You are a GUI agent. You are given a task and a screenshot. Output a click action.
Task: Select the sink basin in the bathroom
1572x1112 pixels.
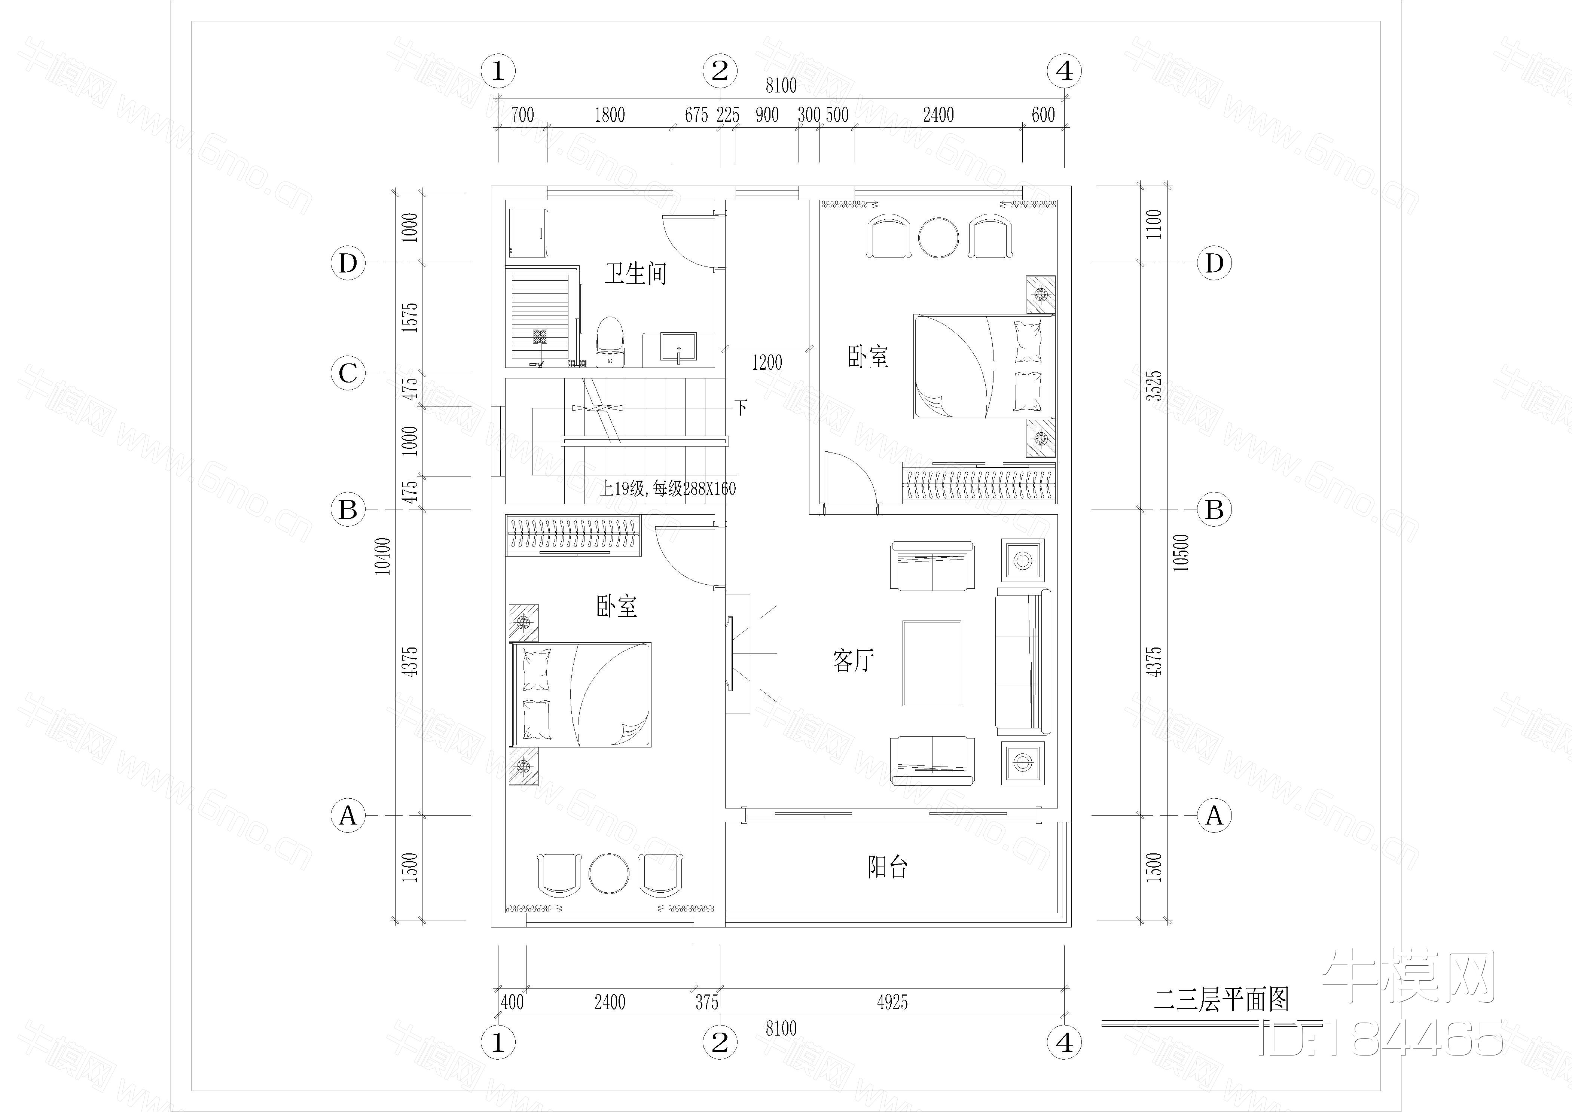click(678, 347)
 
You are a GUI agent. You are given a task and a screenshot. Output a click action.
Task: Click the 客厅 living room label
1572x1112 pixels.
click(853, 661)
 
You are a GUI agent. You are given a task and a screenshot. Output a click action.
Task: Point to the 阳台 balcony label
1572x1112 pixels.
click(887, 868)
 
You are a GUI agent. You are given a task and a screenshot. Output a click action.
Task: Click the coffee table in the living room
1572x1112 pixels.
click(932, 663)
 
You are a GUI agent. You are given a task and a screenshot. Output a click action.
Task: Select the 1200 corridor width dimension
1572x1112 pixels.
click(767, 362)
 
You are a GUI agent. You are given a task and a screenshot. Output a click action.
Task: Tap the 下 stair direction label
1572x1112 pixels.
click(741, 408)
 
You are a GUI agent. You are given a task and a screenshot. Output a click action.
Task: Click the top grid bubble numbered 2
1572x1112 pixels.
click(720, 70)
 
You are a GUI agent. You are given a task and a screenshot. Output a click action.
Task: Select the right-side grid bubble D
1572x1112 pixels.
click(1214, 263)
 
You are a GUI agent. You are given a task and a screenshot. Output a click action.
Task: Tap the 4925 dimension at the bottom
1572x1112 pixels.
click(892, 1002)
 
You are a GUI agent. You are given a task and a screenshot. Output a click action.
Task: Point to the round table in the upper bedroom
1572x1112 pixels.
click(938, 238)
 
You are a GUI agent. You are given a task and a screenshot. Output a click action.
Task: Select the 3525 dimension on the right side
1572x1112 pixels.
click(1154, 386)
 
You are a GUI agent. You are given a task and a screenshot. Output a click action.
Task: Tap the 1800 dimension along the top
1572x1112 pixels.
click(609, 115)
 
